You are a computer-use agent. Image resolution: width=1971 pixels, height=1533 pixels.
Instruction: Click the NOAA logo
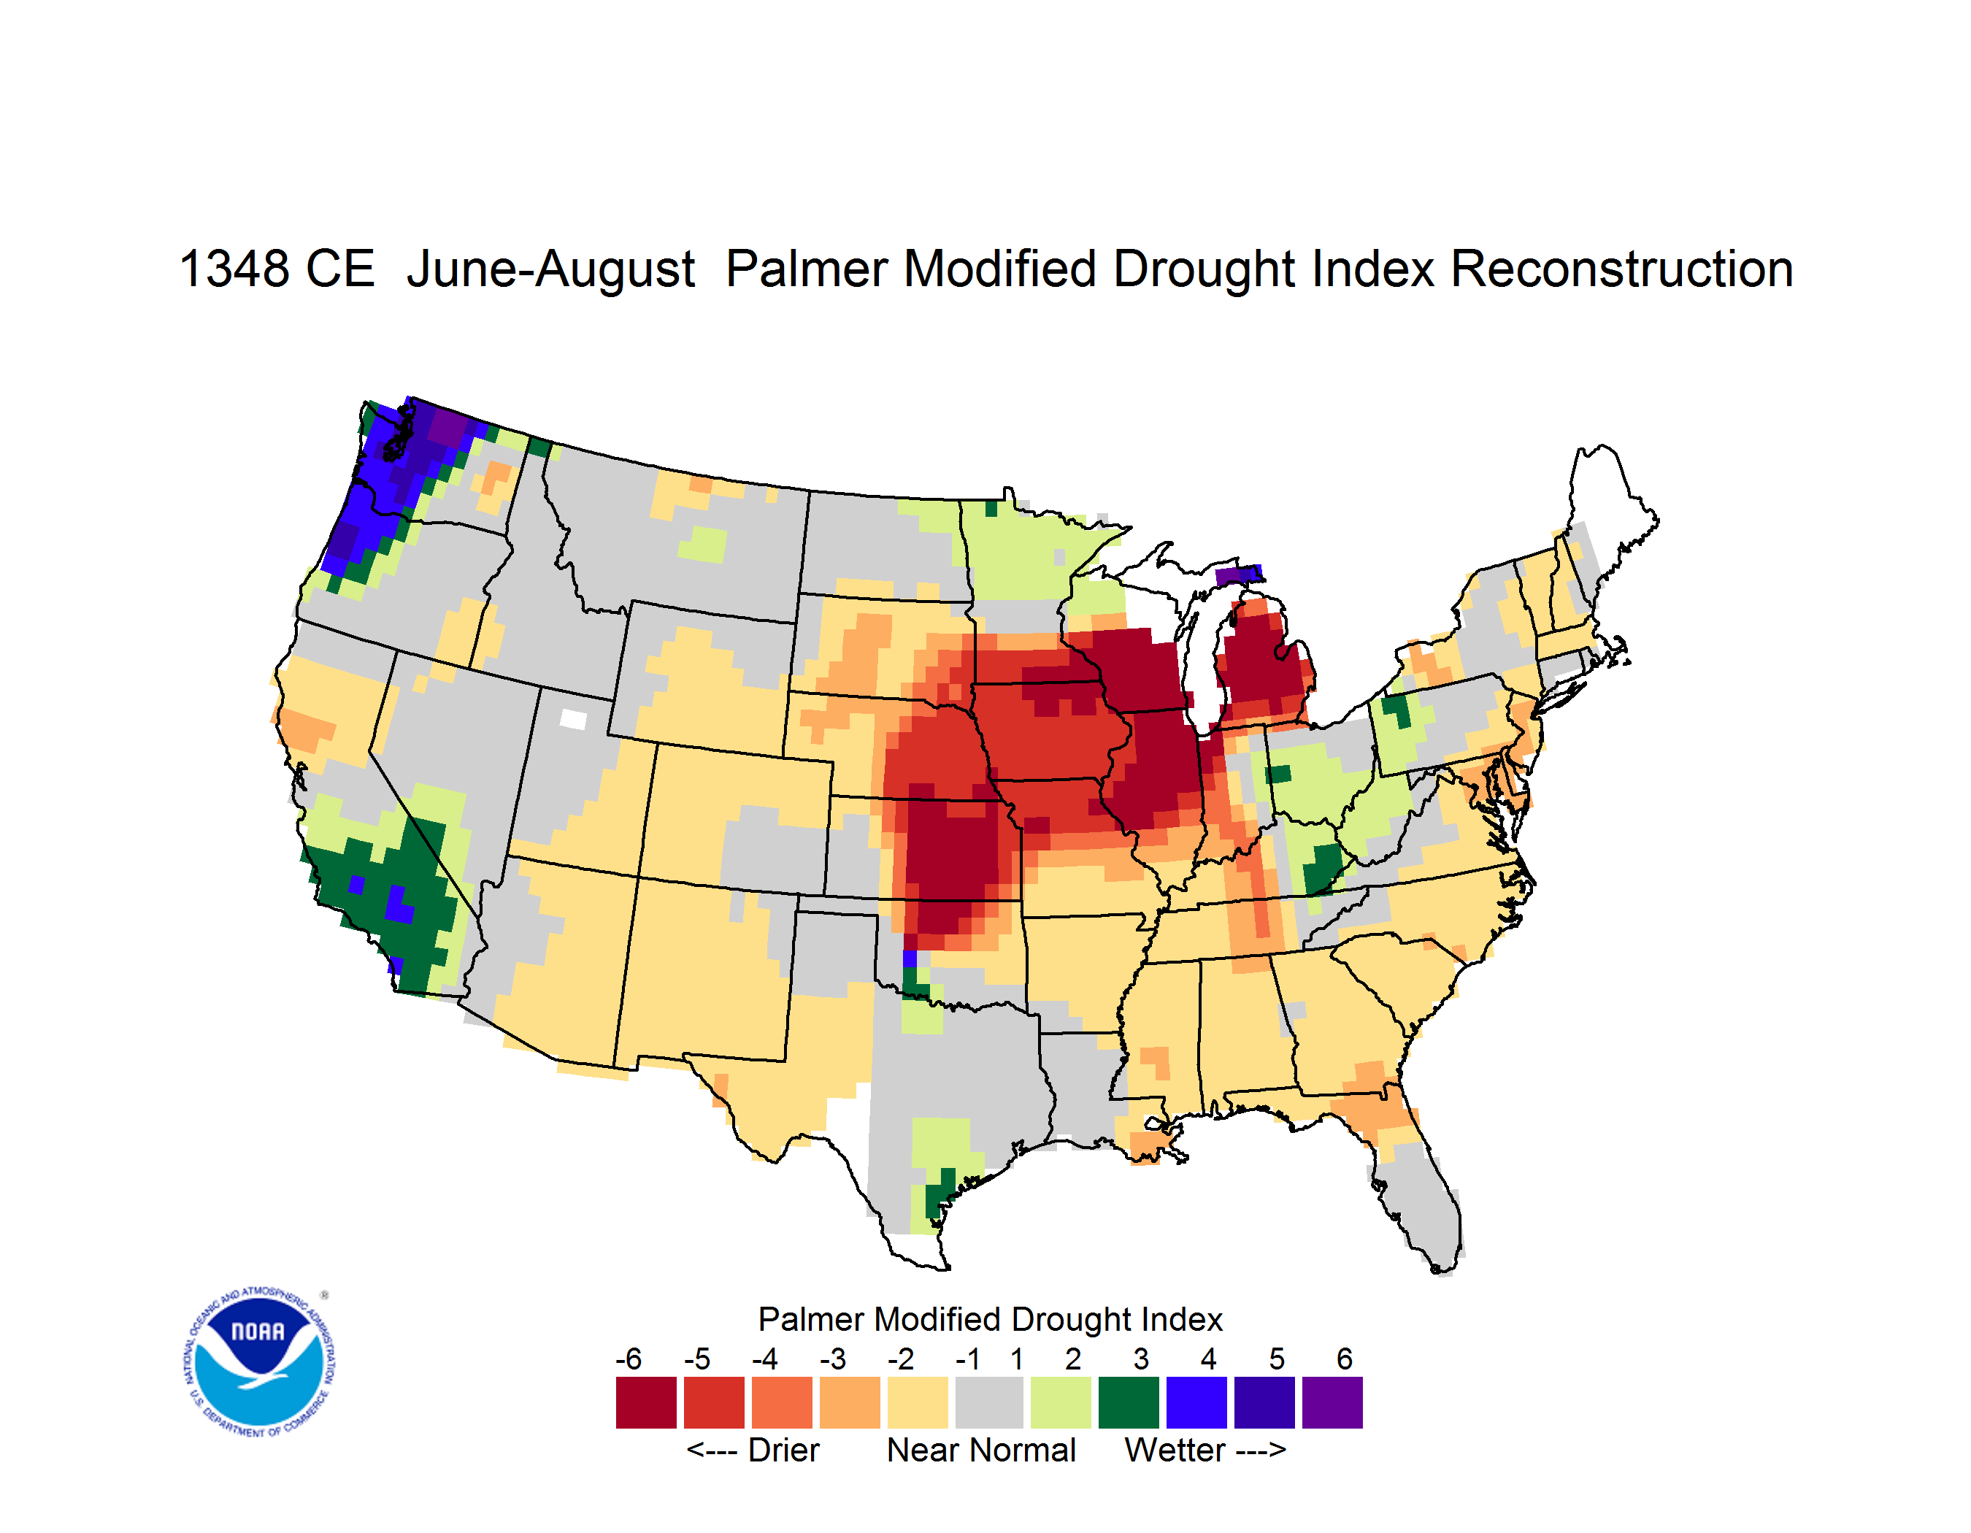(258, 1361)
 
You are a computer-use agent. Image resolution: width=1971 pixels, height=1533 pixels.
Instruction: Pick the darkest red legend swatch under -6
(646, 1402)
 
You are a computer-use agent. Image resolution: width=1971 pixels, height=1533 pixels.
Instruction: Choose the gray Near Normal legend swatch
(989, 1402)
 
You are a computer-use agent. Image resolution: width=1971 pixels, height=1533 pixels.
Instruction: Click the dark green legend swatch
(1128, 1402)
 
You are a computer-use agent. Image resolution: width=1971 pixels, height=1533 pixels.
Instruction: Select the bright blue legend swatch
(1196, 1402)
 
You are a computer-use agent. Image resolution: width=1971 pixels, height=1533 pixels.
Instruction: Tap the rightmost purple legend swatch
(1332, 1402)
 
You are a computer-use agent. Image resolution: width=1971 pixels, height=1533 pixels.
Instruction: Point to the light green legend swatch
(1061, 1402)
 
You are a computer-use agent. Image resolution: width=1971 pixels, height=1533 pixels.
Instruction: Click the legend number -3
(832, 1359)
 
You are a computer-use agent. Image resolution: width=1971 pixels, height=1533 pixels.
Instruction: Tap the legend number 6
(1345, 1359)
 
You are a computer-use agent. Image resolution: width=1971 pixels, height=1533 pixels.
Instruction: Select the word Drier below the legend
(783, 1450)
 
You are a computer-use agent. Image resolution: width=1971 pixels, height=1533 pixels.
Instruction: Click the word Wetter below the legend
(1174, 1450)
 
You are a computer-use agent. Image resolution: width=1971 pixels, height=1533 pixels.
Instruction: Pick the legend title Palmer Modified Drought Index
(990, 1319)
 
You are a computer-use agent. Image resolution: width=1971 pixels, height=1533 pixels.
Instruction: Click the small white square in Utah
(573, 719)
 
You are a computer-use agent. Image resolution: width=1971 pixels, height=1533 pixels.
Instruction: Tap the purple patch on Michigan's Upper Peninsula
(1238, 576)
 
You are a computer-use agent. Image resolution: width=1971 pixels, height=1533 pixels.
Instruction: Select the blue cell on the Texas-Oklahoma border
(910, 958)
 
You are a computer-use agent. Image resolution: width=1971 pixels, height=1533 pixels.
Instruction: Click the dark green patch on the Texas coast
(940, 1191)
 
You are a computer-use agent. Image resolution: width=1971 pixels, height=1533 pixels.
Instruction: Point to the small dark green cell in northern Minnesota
(991, 509)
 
